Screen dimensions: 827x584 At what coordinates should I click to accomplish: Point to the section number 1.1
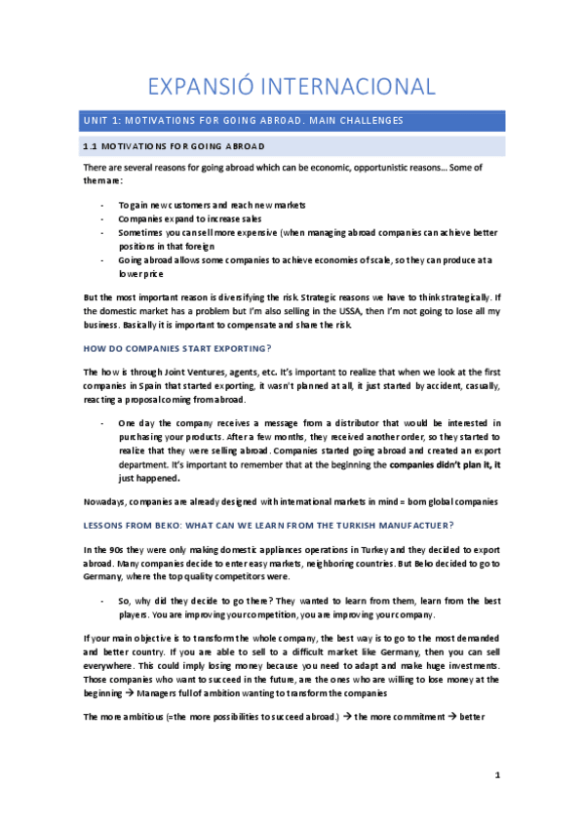(91, 146)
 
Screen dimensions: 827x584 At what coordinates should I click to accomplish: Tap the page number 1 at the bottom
(496, 775)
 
